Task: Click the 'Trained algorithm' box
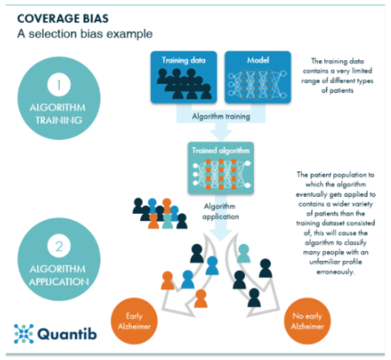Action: [221, 168]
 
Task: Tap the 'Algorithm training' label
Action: [221, 117]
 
